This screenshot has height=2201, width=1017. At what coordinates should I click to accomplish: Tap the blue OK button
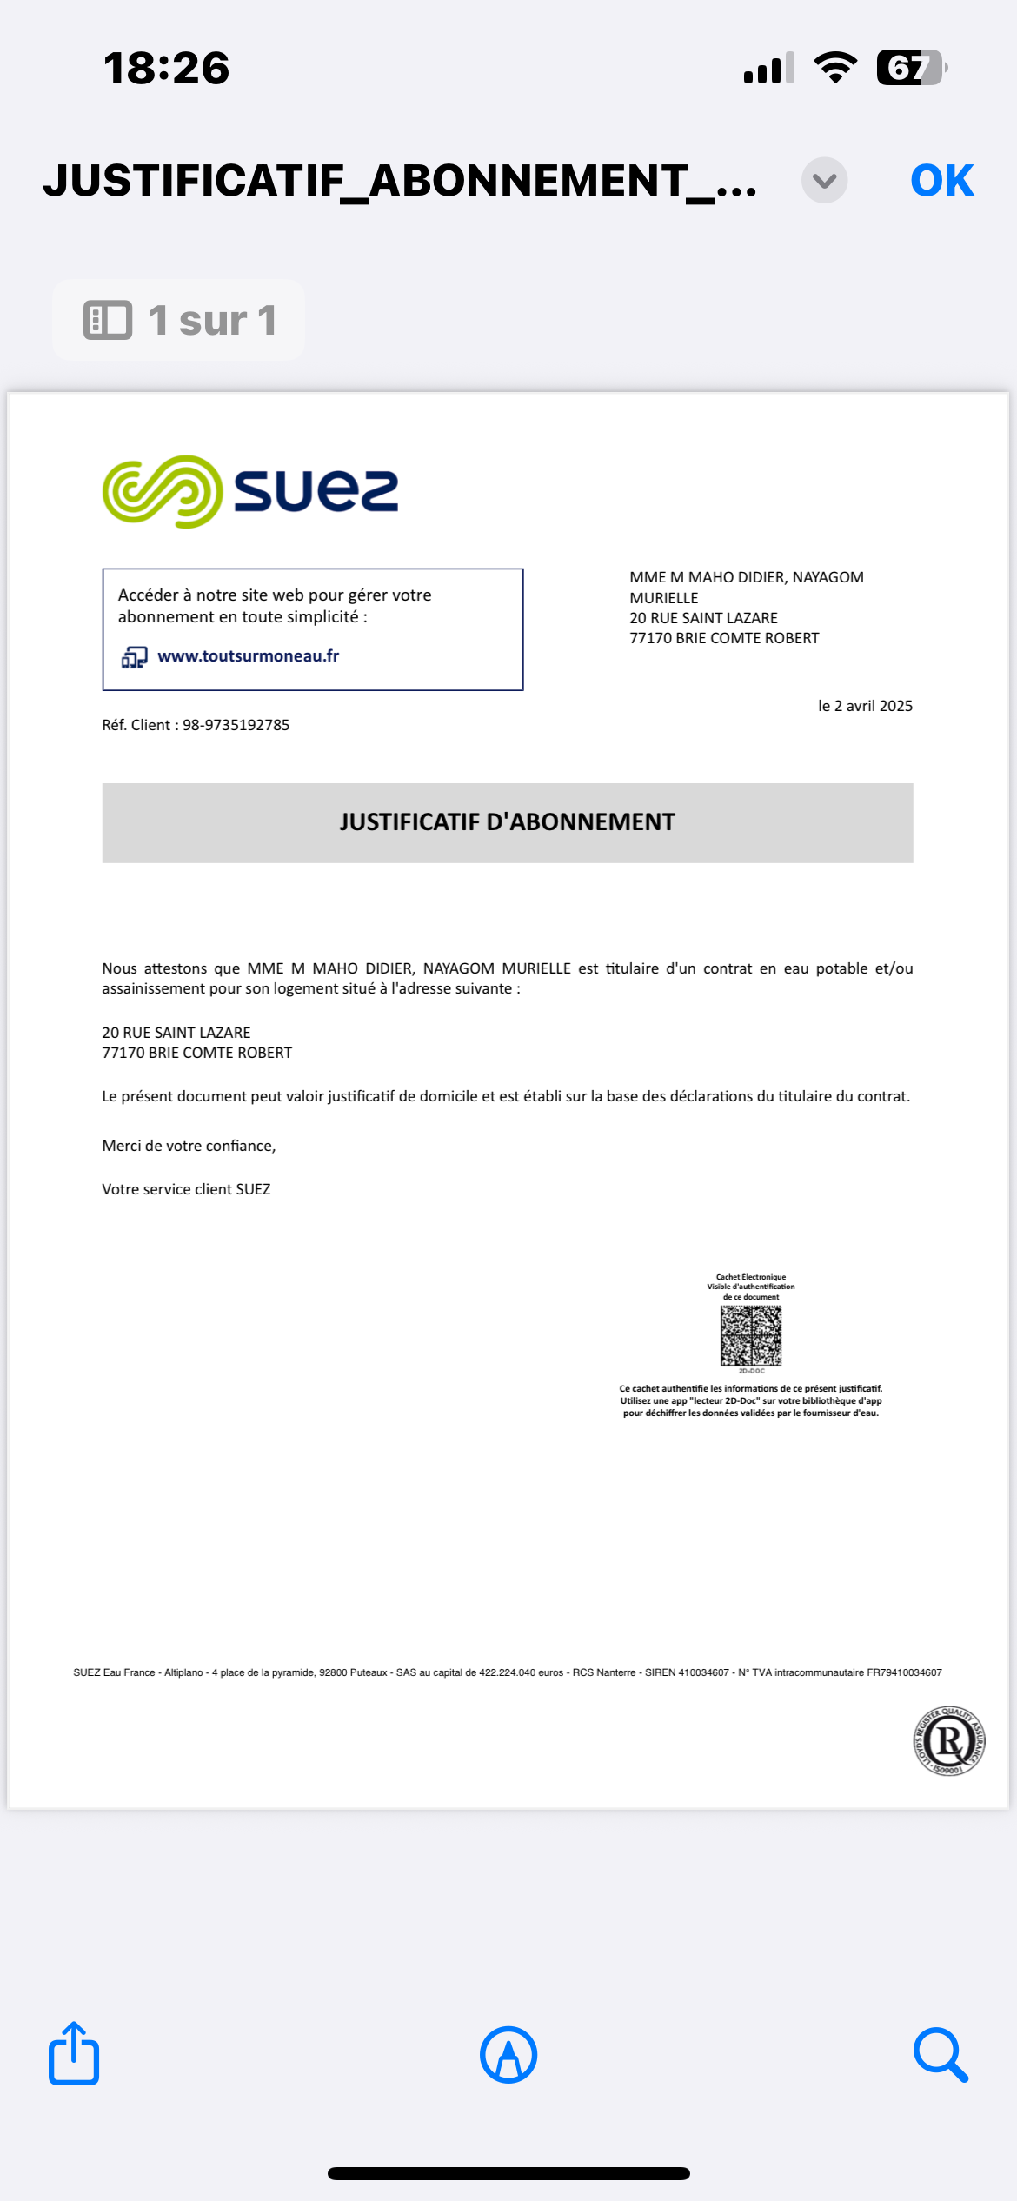click(941, 181)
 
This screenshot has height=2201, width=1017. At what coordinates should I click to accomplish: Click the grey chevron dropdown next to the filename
click(824, 181)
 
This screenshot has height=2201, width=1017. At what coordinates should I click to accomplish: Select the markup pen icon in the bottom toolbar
click(508, 2055)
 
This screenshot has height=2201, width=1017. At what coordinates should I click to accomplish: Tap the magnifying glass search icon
click(941, 2055)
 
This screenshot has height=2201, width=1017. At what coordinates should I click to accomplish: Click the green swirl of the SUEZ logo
click(163, 491)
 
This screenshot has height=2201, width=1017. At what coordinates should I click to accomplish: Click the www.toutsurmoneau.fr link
click(248, 656)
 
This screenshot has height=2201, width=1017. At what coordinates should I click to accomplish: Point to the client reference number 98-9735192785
click(236, 725)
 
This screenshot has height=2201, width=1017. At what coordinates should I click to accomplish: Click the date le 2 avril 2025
click(865, 706)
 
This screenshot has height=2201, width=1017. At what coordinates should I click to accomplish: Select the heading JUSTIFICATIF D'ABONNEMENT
click(507, 822)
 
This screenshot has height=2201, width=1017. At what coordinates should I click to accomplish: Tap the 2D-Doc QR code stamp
click(751, 1336)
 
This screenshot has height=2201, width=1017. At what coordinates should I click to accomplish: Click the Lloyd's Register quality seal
click(948, 1740)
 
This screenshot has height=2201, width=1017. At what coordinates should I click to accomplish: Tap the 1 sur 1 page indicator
click(179, 320)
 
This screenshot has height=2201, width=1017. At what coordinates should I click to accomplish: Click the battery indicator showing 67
click(909, 68)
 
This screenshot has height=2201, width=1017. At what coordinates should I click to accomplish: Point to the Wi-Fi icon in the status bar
click(835, 68)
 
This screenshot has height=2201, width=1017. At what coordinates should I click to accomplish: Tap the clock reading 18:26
click(166, 68)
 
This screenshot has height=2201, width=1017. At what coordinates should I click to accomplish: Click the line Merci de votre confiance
click(189, 1146)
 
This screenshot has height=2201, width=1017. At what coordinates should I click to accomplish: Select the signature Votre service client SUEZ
click(186, 1189)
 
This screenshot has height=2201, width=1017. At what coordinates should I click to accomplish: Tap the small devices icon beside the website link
click(134, 657)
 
